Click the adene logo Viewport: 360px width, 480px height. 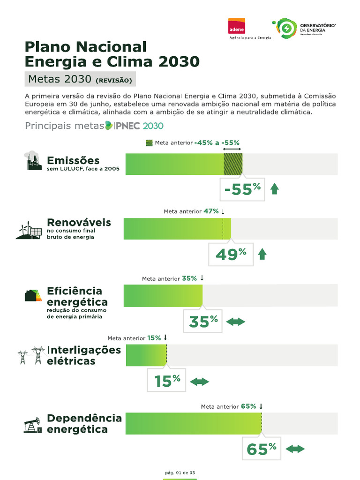click(236, 27)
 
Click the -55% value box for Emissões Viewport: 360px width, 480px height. click(242, 189)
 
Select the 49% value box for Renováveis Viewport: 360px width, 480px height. click(231, 254)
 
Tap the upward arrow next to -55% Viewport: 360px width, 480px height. click(275, 189)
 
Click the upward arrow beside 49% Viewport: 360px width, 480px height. click(262, 254)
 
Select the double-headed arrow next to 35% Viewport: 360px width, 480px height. click(235, 322)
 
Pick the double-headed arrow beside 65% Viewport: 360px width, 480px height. click(295, 449)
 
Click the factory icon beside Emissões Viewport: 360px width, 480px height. click(33, 161)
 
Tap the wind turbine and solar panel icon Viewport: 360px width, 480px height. click(28, 230)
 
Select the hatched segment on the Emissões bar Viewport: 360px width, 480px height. click(233, 164)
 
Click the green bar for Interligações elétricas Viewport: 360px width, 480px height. click(146, 355)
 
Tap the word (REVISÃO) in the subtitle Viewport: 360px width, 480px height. click(114, 80)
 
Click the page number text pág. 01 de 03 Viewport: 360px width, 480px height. click(180, 472)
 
